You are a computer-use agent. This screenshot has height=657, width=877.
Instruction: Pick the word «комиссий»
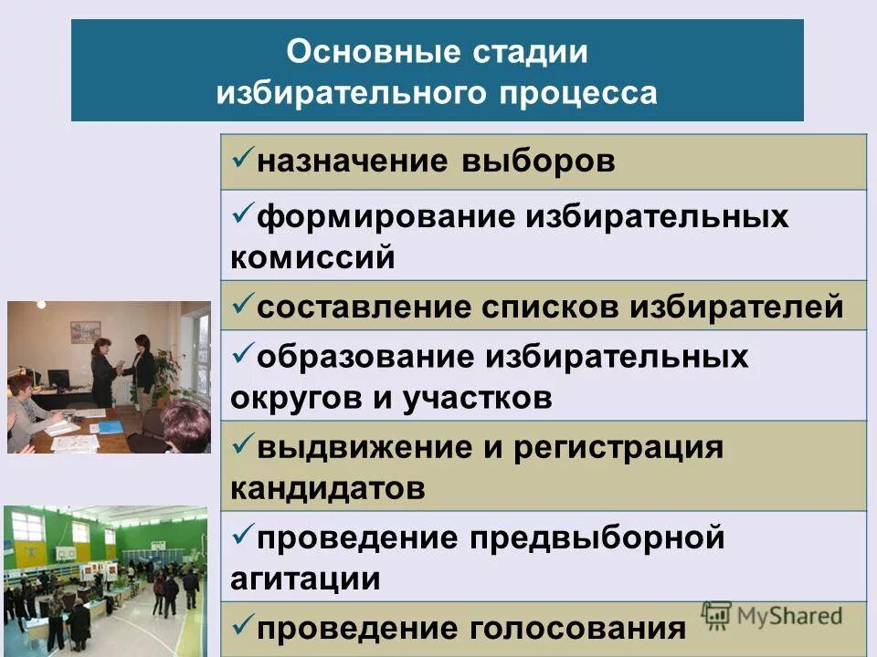pyautogui.click(x=312, y=257)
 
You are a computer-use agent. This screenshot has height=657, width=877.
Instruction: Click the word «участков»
pyautogui.click(x=477, y=398)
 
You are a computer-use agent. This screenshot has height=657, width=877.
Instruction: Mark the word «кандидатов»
pyautogui.click(x=327, y=488)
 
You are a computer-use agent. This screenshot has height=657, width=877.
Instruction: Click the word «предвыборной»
pyautogui.click(x=597, y=537)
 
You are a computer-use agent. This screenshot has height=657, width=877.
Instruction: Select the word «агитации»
pyautogui.click(x=305, y=578)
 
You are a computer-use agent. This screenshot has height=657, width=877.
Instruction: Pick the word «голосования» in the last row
pyautogui.click(x=577, y=628)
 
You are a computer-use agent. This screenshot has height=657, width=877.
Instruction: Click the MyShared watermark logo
pyautogui.click(x=772, y=615)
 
